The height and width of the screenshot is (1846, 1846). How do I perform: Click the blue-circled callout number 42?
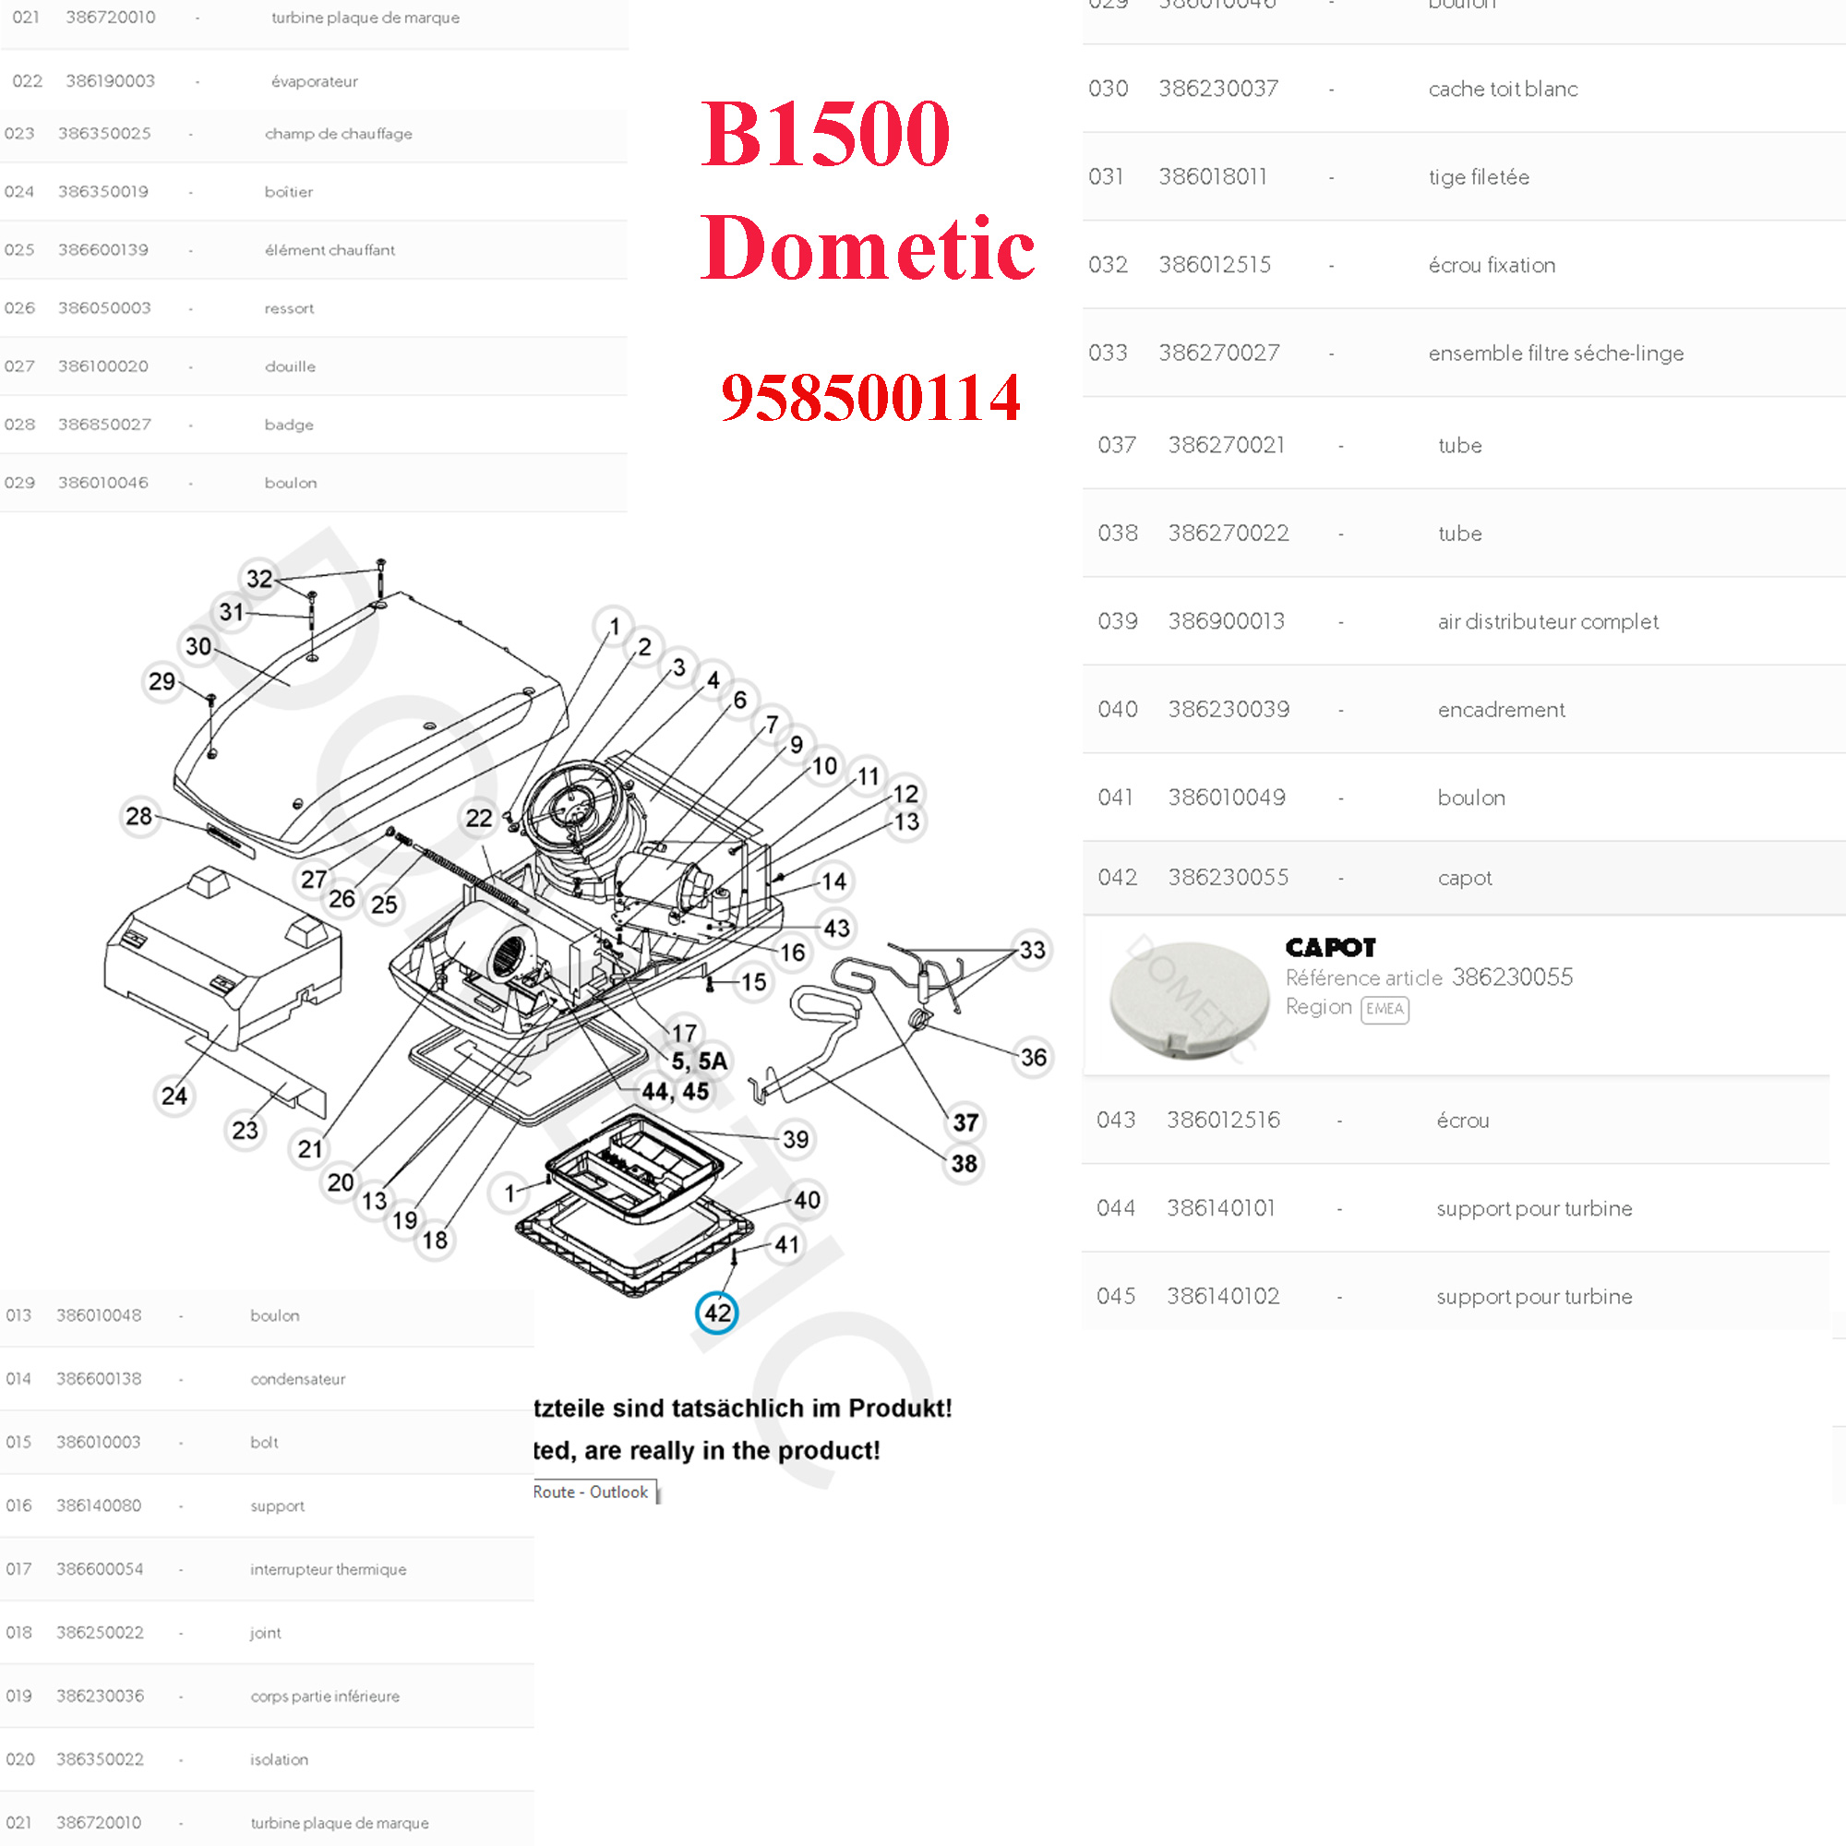[716, 1313]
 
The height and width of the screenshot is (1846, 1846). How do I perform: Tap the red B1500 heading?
[825, 134]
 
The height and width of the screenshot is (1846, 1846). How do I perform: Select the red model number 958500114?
[870, 398]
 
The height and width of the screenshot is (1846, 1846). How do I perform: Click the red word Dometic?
[867, 248]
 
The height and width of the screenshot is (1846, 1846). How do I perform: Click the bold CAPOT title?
[1330, 947]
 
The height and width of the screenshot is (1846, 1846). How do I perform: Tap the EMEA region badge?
[1384, 1009]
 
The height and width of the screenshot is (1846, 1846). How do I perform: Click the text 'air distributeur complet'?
[1548, 621]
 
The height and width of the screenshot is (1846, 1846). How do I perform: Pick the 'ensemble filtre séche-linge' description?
[1555, 353]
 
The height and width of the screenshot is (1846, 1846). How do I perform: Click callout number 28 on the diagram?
[139, 816]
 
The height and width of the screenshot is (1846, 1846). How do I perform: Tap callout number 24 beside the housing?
[174, 1095]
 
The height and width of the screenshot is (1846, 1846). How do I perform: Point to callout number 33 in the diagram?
[1032, 950]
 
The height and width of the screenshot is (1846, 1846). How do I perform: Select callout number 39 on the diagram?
[795, 1139]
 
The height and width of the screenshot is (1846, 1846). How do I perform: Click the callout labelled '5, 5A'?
[699, 1061]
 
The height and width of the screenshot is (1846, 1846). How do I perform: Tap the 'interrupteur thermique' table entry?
[328, 1569]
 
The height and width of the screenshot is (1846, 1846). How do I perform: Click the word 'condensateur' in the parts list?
[297, 1379]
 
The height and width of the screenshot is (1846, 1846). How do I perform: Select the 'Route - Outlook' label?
[591, 1492]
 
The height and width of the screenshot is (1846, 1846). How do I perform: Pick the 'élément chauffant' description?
[330, 249]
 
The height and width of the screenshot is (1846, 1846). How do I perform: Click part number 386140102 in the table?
[1222, 1296]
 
